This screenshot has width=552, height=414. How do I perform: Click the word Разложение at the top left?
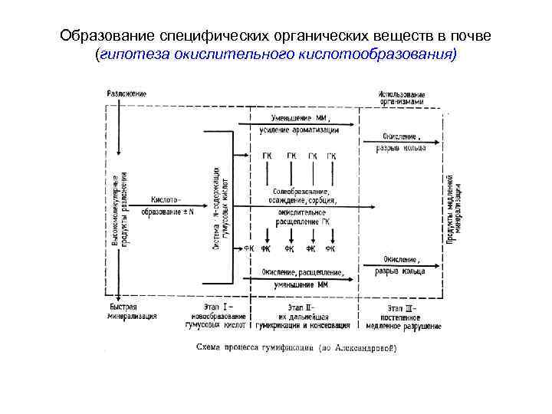click(127, 94)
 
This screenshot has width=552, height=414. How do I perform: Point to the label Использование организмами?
click(401, 98)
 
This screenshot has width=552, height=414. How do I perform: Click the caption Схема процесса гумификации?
click(296, 350)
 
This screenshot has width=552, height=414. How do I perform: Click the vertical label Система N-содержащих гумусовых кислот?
click(219, 207)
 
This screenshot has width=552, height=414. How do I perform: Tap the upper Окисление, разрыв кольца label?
click(401, 143)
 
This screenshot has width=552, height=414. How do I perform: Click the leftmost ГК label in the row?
click(267, 156)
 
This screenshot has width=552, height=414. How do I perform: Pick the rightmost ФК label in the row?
click(330, 248)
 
